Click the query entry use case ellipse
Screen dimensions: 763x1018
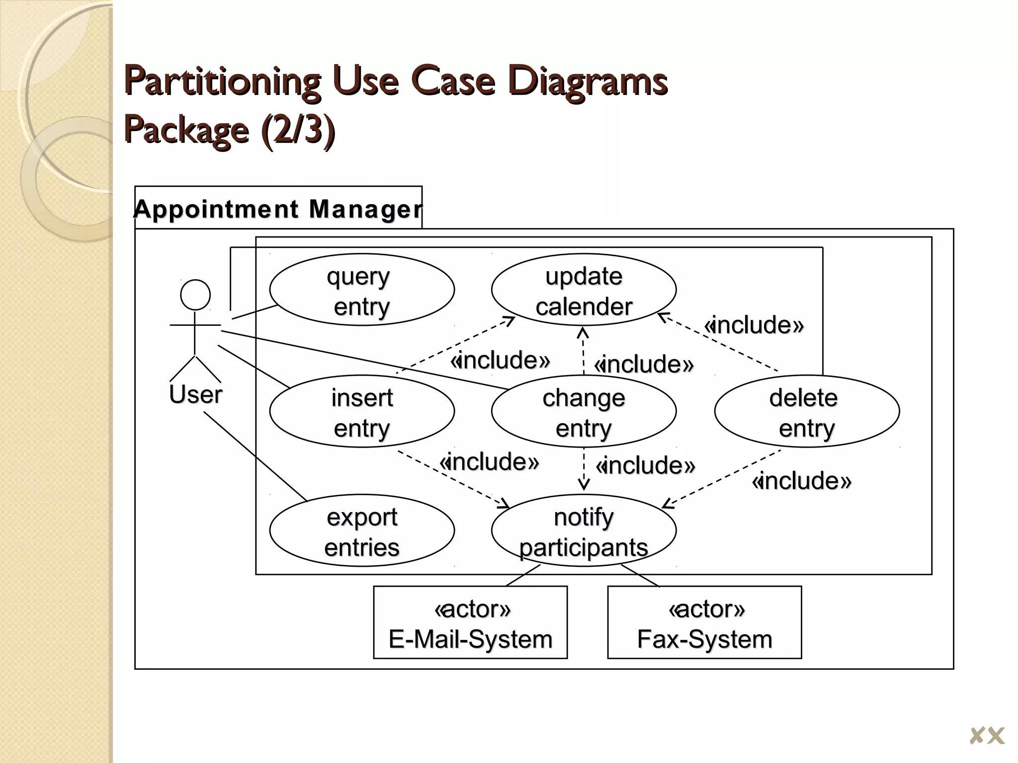(x=362, y=290)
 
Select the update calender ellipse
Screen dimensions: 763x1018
(x=584, y=290)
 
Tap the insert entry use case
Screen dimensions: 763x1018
(x=362, y=412)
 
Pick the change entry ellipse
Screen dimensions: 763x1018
(x=584, y=412)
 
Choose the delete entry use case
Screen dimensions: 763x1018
(x=806, y=412)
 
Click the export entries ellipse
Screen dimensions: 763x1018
(x=362, y=531)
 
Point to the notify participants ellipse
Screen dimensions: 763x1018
(x=584, y=531)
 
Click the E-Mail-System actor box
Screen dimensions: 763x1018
(x=470, y=623)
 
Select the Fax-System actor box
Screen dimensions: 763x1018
(x=704, y=623)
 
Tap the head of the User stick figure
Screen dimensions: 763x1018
(x=195, y=295)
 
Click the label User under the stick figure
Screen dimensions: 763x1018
(x=195, y=395)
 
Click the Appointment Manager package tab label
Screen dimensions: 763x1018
(x=278, y=209)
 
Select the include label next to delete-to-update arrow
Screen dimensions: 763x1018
(x=754, y=325)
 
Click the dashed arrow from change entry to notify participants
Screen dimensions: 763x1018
(x=584, y=469)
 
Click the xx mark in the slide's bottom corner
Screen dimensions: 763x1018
(x=987, y=735)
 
